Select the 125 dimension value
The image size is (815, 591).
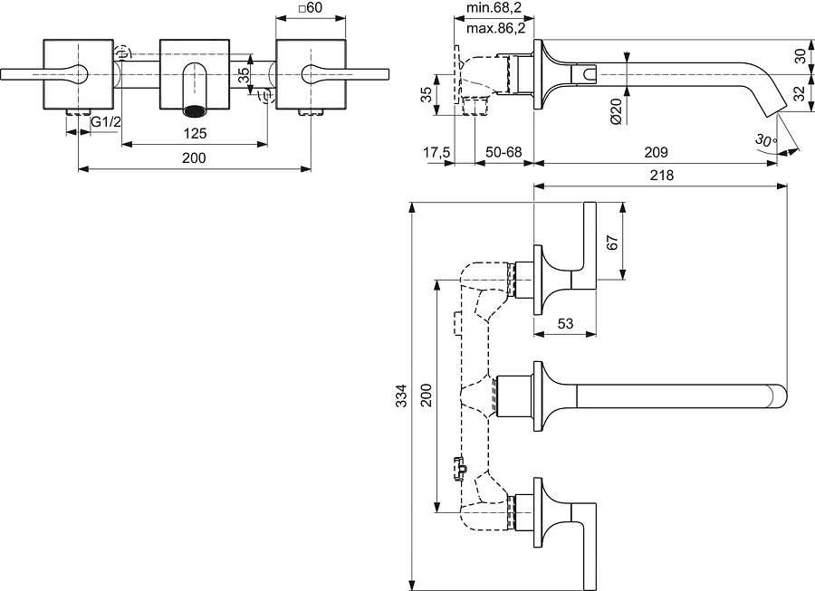click(195, 133)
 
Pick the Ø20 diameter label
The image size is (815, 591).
click(616, 109)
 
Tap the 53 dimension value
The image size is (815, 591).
click(565, 323)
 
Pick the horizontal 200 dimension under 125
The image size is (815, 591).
click(195, 157)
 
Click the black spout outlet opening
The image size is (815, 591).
click(195, 111)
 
